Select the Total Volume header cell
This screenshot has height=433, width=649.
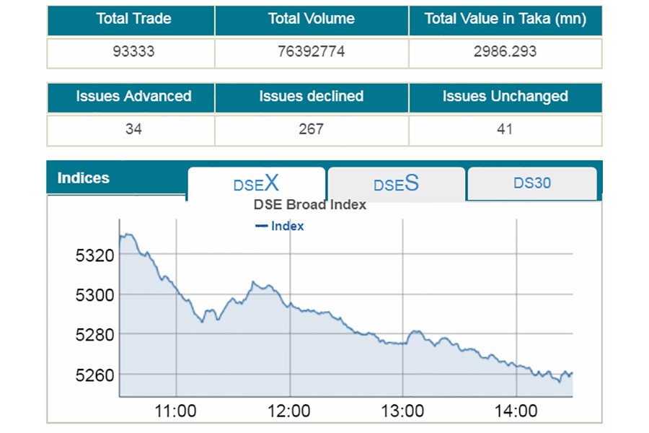[311, 19]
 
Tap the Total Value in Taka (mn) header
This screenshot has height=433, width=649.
[505, 19]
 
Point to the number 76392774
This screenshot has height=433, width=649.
[311, 52]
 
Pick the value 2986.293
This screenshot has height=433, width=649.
[505, 52]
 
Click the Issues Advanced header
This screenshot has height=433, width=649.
[133, 97]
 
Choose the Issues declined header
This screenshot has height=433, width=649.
[311, 97]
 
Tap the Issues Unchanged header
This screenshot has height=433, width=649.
[505, 97]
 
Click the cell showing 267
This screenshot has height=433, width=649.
[311, 130]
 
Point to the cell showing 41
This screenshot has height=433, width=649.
[505, 130]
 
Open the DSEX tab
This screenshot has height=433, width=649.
[256, 183]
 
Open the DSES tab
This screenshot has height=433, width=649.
[396, 183]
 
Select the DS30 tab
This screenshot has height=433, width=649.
[532, 183]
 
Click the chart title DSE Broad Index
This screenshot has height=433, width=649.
[310, 205]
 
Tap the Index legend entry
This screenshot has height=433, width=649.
[281, 226]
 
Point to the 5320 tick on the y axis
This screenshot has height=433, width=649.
[94, 255]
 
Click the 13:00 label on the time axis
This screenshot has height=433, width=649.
[402, 411]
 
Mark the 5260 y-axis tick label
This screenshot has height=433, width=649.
[94, 375]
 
